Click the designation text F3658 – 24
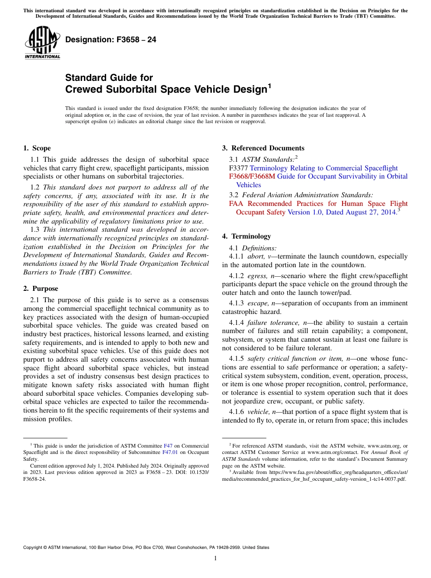[x=111, y=40]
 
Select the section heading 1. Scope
[x=37, y=148]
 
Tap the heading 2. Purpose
[x=40, y=289]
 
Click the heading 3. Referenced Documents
[x=263, y=148]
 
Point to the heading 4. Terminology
[x=246, y=236]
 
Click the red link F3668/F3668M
[x=252, y=176]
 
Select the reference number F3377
[x=239, y=168]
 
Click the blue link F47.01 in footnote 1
[x=171, y=452]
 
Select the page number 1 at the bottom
[x=215, y=558]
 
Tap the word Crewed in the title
[x=84, y=90]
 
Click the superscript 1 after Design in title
[x=269, y=85]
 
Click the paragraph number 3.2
[x=234, y=195]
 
